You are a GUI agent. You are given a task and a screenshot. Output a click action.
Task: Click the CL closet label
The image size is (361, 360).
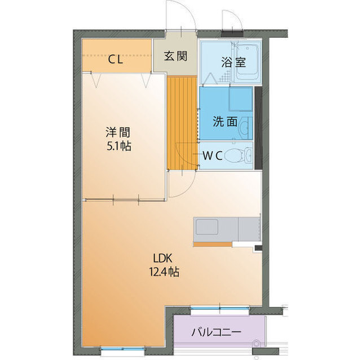coord(116,58)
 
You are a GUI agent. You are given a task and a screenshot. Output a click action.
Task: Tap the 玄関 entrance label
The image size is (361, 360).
coord(175,56)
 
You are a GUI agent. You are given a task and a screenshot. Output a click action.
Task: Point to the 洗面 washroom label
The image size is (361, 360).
coord(224,121)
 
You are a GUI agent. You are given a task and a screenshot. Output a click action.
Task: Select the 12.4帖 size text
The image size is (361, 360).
coord(165,272)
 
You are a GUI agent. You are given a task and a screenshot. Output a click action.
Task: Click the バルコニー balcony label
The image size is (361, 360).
coord(216,331)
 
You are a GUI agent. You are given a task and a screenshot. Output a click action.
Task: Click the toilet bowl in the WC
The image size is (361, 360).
coord(236,155)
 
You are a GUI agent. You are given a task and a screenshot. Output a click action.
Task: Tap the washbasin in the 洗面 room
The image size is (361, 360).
coord(244,127)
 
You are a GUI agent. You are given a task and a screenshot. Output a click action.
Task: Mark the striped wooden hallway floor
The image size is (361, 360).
coord(181,122)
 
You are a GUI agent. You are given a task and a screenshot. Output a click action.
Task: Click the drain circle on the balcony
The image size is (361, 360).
coord(257,341)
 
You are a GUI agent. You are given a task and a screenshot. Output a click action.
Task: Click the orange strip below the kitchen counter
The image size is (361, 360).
coord(212,244)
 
